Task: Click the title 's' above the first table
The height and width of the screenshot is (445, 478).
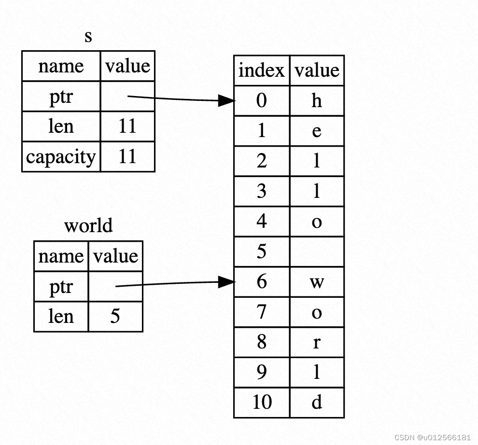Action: pos(88,37)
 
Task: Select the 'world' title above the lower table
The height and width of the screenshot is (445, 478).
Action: pos(88,226)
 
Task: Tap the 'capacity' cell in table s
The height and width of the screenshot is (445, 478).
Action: pos(61,157)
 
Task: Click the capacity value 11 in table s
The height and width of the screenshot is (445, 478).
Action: pos(127,157)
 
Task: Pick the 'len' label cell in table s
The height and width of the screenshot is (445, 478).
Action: pos(61,126)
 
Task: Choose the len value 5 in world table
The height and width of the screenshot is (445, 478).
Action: pos(115,317)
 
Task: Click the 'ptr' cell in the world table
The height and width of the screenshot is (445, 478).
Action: pos(61,287)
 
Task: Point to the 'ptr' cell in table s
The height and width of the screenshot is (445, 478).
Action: pos(61,97)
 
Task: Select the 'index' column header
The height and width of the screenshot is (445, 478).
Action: pos(262,70)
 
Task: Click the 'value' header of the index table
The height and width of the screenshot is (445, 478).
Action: pos(317,70)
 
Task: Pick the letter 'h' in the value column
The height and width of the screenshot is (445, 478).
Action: pos(317,101)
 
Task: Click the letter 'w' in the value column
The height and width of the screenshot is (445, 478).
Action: pos(317,282)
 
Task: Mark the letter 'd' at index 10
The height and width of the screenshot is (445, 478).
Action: pos(317,402)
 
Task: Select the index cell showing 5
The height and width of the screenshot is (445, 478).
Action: pos(262,251)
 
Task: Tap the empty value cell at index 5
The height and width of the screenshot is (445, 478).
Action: pos(317,251)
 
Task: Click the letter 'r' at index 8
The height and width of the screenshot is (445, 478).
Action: pos(317,342)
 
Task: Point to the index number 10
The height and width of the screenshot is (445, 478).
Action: pos(262,402)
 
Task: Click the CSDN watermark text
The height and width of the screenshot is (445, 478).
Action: pos(432,437)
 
